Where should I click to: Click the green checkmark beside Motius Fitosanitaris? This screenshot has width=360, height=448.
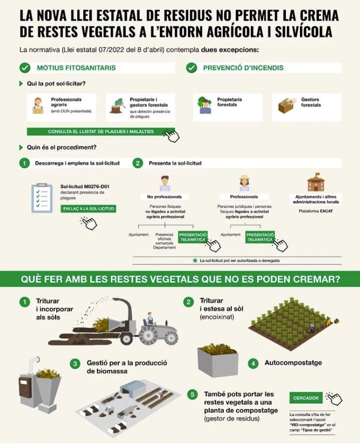tap(25, 68)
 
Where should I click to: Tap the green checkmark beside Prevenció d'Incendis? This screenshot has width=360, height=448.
tap(191, 68)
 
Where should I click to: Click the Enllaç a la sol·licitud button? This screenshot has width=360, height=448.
tap(88, 209)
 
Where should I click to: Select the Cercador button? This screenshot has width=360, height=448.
tap(306, 398)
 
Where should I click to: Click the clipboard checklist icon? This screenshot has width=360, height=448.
tap(42, 198)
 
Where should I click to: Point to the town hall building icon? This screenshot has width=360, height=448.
tap(316, 182)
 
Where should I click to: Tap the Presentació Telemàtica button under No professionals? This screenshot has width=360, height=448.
tap(193, 237)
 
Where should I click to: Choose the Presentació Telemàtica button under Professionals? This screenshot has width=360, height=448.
tap(260, 237)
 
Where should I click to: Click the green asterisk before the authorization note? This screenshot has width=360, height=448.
tap(195, 260)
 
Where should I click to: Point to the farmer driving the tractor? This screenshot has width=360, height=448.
tap(149, 319)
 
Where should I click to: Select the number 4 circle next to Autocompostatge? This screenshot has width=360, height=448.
tap(253, 364)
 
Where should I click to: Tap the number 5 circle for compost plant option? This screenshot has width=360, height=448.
tap(192, 394)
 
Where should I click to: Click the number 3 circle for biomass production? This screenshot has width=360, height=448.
tap(75, 364)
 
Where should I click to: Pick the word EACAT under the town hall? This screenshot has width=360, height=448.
tap(326, 211)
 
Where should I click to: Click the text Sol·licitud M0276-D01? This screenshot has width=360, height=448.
tap(85, 186)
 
